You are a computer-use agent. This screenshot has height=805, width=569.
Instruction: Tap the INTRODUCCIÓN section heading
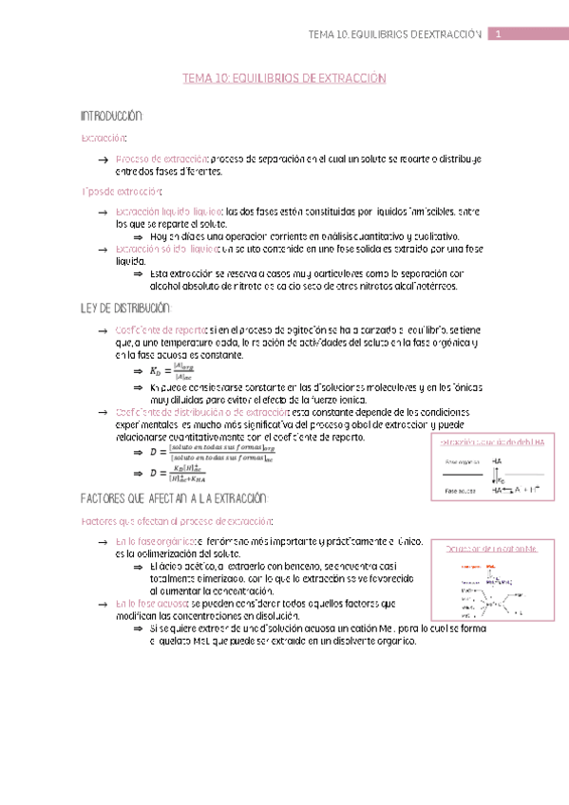tap(111, 116)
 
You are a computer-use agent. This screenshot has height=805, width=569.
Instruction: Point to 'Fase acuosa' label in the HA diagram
tap(461, 492)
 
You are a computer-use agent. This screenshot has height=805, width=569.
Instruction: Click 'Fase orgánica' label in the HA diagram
tap(463, 460)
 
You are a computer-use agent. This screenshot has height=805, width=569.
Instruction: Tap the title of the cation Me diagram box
tap(491, 550)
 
